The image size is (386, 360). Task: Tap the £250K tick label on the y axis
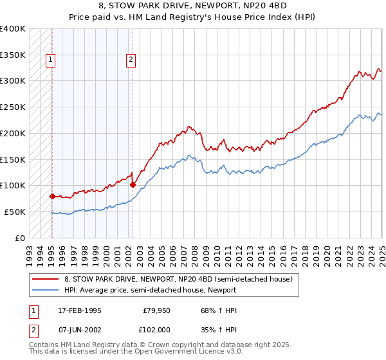click(x=13, y=107)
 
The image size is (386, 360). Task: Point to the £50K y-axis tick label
click(x=15, y=212)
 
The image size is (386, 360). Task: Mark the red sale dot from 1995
click(x=52, y=195)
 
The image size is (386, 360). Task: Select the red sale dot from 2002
click(x=133, y=184)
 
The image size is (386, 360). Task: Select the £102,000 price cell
click(x=156, y=329)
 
